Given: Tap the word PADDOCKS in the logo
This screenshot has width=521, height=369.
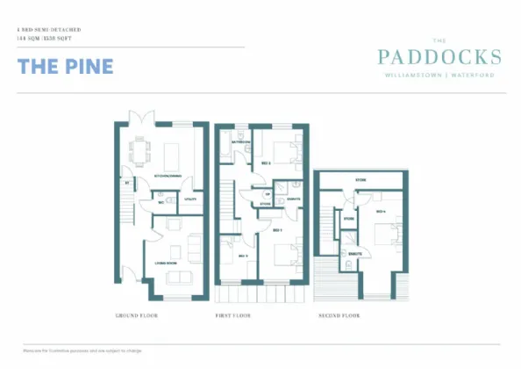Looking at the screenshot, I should (x=439, y=58).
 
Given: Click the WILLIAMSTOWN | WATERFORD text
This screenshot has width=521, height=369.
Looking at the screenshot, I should (x=439, y=76).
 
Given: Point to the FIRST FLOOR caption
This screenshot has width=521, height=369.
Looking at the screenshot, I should (x=233, y=315).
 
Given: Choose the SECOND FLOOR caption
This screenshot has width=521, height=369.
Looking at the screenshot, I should (x=339, y=315).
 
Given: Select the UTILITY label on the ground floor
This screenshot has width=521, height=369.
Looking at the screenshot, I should (x=189, y=199).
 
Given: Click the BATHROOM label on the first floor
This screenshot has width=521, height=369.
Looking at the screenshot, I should (x=242, y=141).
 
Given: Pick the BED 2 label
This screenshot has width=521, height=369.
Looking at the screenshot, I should (x=265, y=163).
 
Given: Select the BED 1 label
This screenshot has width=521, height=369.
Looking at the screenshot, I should (x=276, y=230).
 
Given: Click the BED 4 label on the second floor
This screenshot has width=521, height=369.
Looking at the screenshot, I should (x=381, y=212).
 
